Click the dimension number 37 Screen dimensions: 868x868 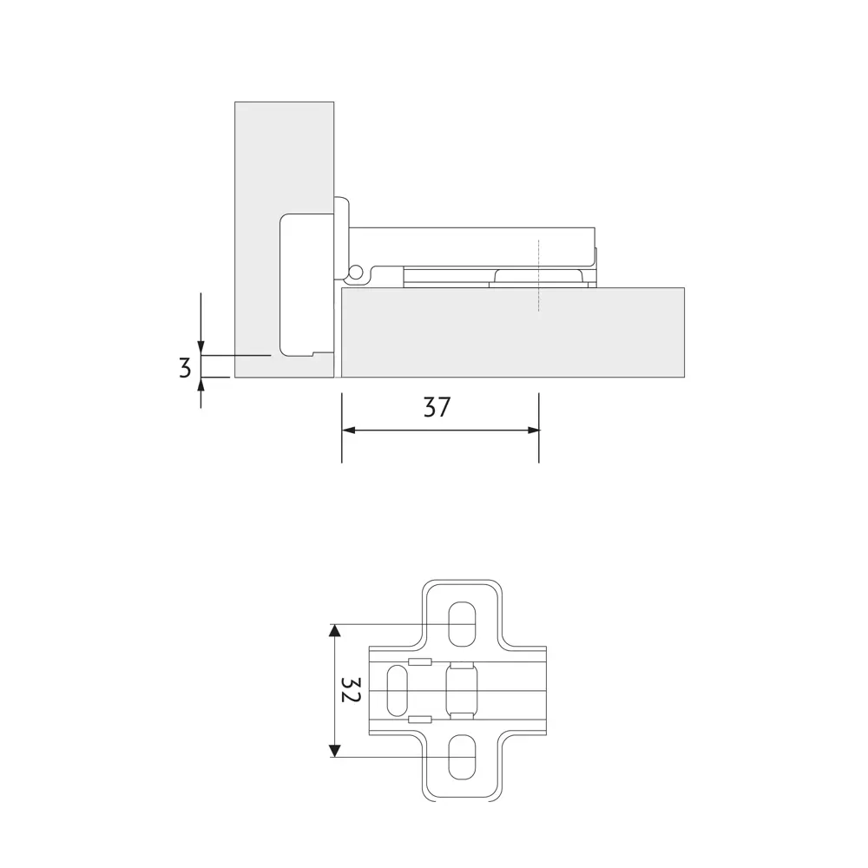(437, 407)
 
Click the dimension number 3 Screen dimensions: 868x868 (186, 367)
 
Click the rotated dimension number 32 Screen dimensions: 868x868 (351, 690)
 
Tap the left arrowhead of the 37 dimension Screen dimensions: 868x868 (348, 431)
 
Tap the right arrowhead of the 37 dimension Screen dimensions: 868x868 (533, 431)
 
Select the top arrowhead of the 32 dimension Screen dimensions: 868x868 (334, 630)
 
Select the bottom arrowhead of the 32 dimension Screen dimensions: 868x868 (334, 751)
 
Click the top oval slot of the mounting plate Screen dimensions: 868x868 (462, 624)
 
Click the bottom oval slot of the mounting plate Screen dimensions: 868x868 (462, 757)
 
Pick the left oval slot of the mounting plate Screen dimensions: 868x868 (397, 690)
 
